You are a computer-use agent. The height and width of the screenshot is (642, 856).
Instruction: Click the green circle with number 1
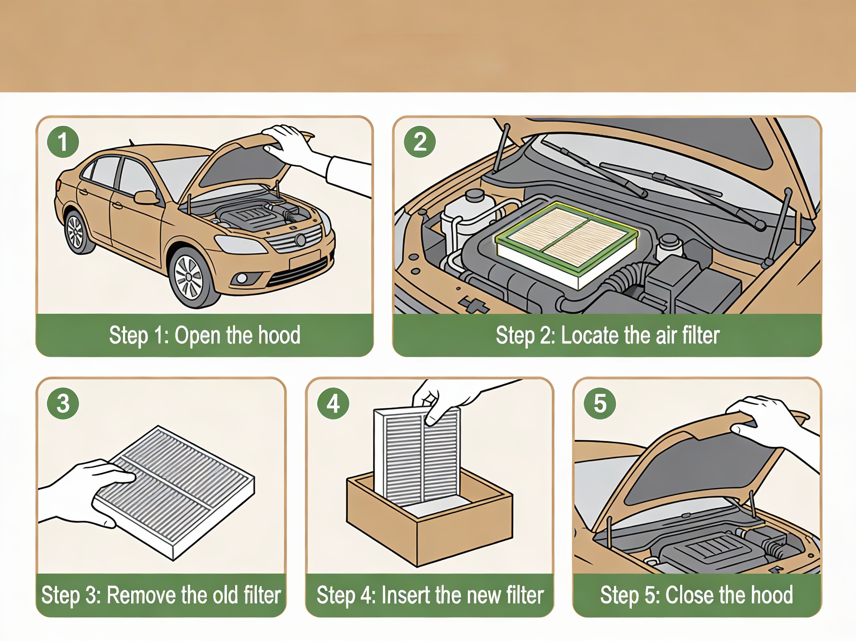(63, 142)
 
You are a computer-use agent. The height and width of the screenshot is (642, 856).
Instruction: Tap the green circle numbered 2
(420, 142)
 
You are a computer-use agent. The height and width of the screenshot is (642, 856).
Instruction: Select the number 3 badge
(63, 403)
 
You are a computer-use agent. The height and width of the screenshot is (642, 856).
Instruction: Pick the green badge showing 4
(333, 403)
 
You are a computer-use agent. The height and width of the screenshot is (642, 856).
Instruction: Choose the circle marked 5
(600, 403)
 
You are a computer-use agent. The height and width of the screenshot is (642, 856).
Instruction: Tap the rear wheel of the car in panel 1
(76, 232)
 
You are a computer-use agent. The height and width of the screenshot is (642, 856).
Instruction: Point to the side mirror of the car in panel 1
(146, 197)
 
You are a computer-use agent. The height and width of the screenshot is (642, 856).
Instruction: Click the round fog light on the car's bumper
(243, 278)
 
